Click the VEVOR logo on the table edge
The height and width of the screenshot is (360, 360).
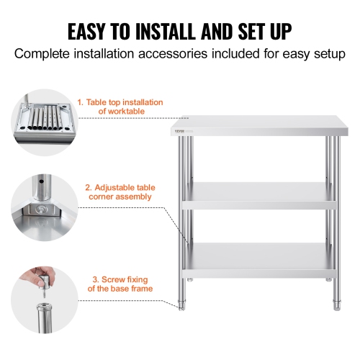[180, 130]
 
